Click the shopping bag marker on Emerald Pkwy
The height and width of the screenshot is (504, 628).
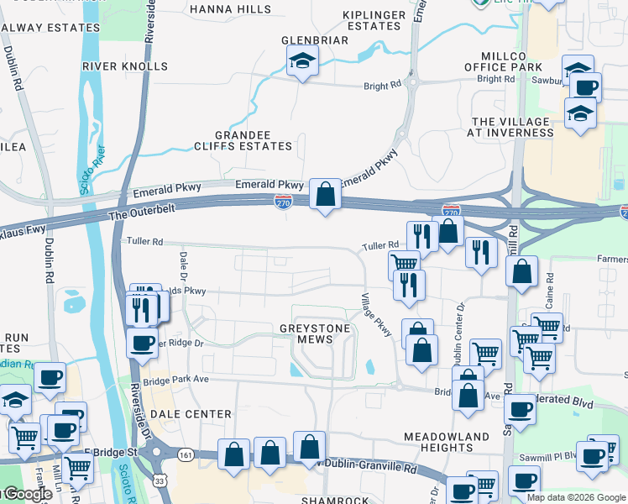click(x=325, y=195)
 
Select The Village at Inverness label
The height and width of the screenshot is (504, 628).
click(x=510, y=127)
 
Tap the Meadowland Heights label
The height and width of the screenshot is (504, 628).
click(x=446, y=442)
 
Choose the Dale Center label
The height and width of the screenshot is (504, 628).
click(x=191, y=414)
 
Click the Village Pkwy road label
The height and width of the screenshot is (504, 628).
click(x=376, y=315)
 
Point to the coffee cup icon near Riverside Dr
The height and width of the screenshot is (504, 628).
click(x=143, y=342)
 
